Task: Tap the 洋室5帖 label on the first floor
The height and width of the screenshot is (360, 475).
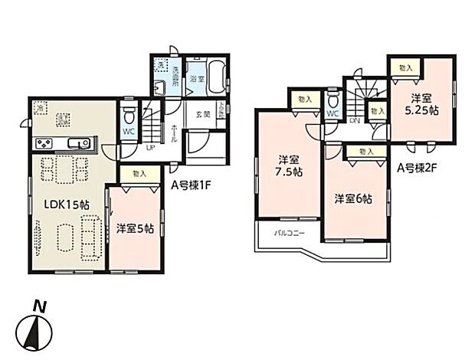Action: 136,229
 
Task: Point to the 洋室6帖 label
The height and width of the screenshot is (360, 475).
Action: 353,199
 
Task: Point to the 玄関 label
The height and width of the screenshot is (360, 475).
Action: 201,115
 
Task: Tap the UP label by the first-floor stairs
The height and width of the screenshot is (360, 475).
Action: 150,147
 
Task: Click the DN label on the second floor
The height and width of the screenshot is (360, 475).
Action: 355,121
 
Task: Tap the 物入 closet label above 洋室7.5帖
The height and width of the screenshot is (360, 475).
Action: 304,100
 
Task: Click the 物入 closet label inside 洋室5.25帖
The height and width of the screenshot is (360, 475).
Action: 405,68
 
